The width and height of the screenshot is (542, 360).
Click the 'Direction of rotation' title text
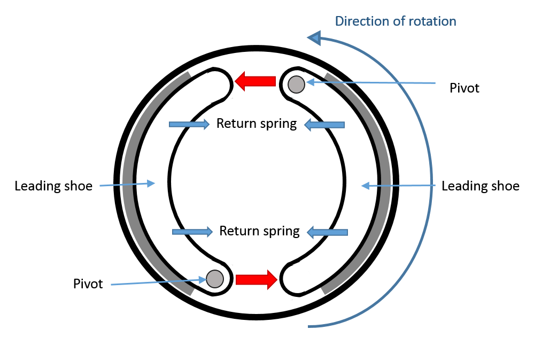(396, 21)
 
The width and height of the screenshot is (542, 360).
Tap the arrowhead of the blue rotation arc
(314, 37)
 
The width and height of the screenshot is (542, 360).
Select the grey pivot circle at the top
(296, 84)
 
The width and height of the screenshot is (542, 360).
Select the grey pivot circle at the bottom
(214, 278)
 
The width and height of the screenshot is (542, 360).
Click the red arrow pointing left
(255, 81)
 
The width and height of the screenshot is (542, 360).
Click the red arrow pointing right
(256, 279)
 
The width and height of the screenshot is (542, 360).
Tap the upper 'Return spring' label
(257, 124)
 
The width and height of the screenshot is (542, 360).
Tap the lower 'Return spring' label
(260, 231)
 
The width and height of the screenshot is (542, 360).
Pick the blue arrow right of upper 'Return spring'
(324, 125)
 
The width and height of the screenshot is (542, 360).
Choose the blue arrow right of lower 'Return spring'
(327, 232)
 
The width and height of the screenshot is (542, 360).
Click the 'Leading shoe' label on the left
(53, 186)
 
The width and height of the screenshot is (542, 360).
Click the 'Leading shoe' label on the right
(481, 186)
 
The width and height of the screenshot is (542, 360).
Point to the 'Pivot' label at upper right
(464, 88)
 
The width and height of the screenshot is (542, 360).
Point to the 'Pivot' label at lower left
(88, 284)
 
